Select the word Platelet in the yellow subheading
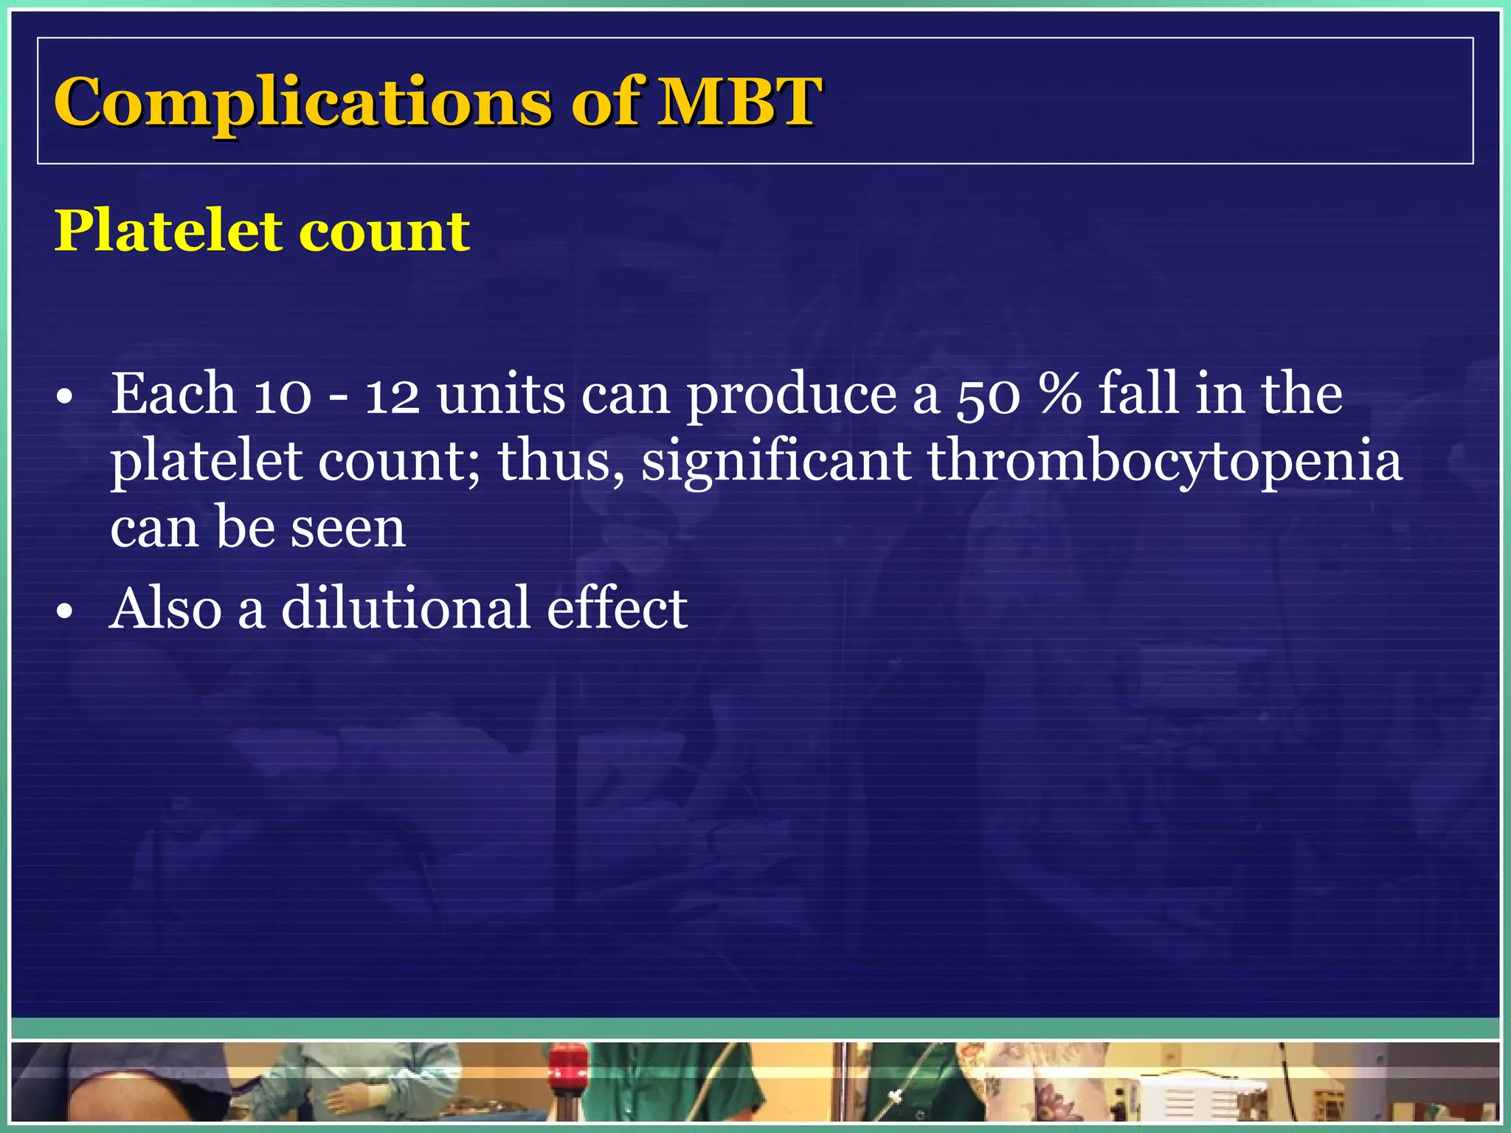[168, 231]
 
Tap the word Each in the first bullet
[173, 394]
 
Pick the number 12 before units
[393, 395]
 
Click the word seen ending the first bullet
[348, 528]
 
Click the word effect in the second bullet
[617, 608]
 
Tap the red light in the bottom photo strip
[567, 1063]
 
